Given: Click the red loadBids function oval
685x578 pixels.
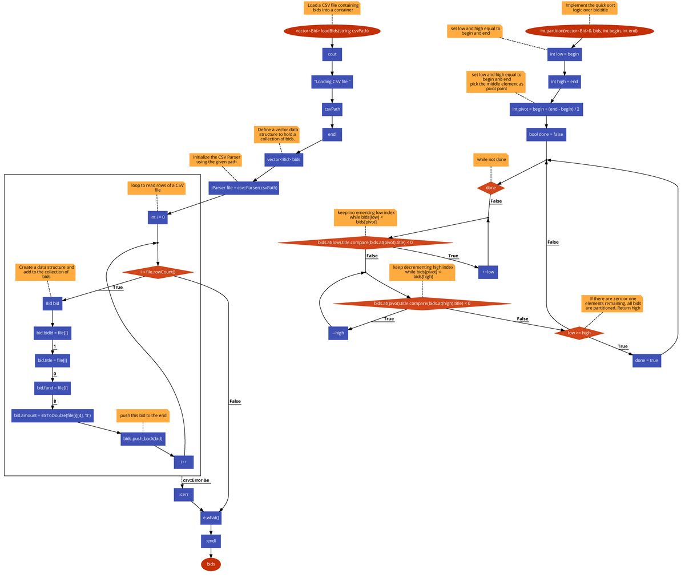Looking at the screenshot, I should point(332,31).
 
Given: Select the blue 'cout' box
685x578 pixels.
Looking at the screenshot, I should point(332,54).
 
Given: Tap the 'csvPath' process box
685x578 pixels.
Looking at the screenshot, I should point(332,108).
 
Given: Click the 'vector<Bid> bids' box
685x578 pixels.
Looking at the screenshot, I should point(284,160).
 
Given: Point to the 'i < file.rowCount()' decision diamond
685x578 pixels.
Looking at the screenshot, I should point(158,272).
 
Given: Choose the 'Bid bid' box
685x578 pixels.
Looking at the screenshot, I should point(52,304).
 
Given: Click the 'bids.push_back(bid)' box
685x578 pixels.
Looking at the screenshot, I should point(143,439).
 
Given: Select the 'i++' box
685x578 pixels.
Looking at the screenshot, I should point(184,462).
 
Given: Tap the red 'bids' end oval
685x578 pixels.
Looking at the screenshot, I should point(211,564).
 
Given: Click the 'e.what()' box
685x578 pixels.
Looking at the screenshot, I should point(211,518).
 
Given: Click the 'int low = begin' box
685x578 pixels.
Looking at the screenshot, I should point(564,54).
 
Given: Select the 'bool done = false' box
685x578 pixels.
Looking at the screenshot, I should point(546,135).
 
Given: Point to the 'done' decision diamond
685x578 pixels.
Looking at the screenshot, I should point(491,188).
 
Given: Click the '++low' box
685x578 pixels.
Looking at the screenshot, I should point(487,272).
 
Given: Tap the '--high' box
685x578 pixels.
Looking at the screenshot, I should point(338,333).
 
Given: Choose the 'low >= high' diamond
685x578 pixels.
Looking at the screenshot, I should point(579,333).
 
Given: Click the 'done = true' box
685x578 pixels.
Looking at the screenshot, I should point(646,361).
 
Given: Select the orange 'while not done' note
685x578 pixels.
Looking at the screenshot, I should point(491,160).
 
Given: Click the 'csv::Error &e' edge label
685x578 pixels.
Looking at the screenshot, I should point(196,480).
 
